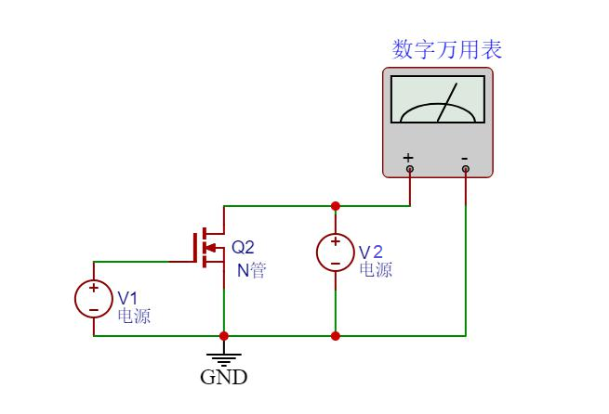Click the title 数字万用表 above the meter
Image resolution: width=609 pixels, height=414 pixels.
(x=447, y=49)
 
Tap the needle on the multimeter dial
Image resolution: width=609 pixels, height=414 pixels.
(x=447, y=102)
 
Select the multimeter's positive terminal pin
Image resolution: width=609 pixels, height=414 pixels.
(x=409, y=169)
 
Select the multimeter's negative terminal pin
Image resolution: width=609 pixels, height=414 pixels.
(x=466, y=169)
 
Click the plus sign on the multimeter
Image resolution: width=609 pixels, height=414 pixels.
(x=408, y=158)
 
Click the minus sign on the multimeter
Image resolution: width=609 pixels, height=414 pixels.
(x=465, y=158)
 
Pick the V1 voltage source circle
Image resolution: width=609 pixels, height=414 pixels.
(x=93, y=298)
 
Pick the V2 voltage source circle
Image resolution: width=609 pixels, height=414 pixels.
(x=335, y=252)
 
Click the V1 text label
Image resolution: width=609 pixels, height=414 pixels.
(x=127, y=298)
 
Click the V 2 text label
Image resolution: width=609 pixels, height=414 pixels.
(x=371, y=252)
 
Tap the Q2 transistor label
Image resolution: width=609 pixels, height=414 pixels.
(x=243, y=248)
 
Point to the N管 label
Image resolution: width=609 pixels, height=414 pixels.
(x=250, y=270)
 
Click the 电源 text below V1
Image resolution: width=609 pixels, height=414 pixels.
(x=134, y=316)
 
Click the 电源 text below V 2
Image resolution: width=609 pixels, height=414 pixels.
(x=376, y=270)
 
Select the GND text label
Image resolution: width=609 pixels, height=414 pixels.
(x=224, y=378)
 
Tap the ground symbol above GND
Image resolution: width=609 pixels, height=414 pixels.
(x=223, y=356)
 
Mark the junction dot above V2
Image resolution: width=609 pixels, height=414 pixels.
(x=335, y=206)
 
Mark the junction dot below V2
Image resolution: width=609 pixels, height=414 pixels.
(x=335, y=335)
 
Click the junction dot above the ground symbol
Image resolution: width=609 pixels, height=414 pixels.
(x=223, y=335)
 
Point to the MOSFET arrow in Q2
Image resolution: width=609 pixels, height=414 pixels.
(x=210, y=248)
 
